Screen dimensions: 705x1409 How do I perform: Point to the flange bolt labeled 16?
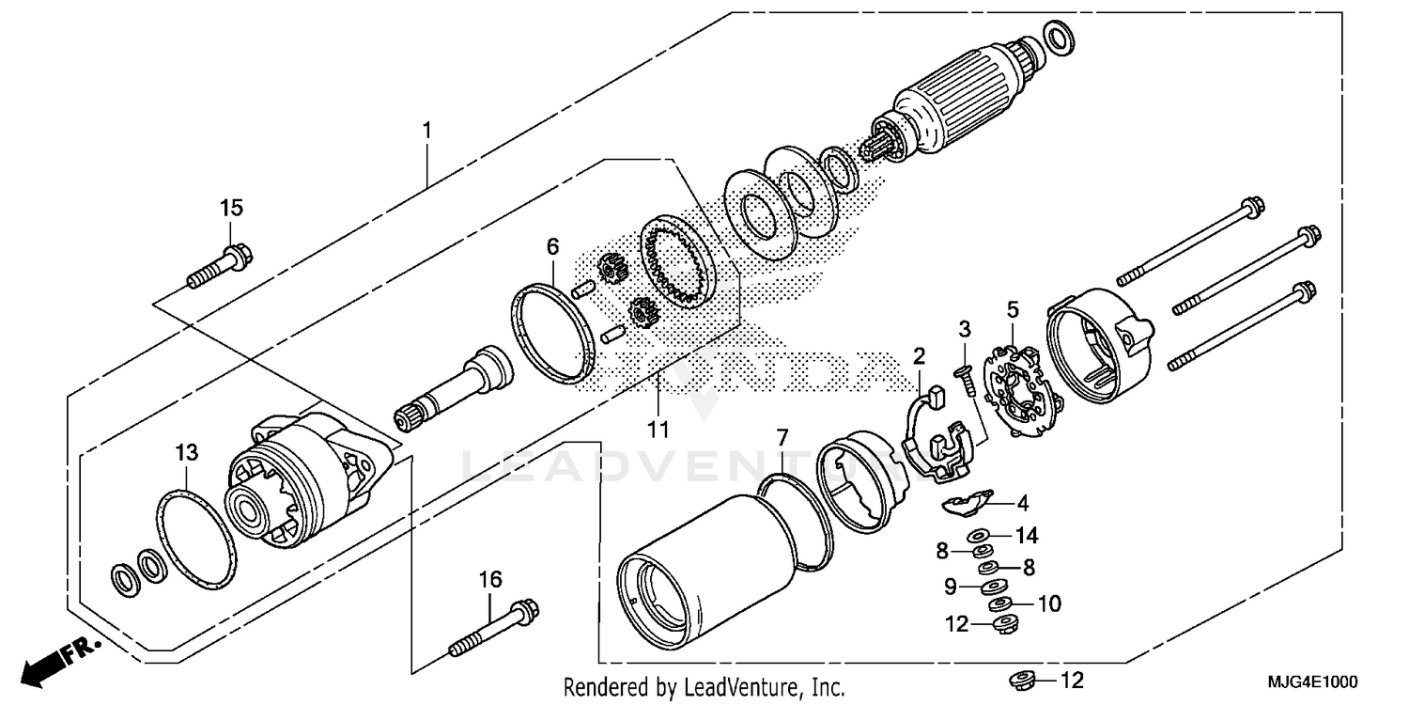(494, 627)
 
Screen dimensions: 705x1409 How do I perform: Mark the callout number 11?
(658, 430)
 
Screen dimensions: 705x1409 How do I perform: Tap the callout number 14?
(1027, 536)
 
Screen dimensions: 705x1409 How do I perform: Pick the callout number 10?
(1049, 603)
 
